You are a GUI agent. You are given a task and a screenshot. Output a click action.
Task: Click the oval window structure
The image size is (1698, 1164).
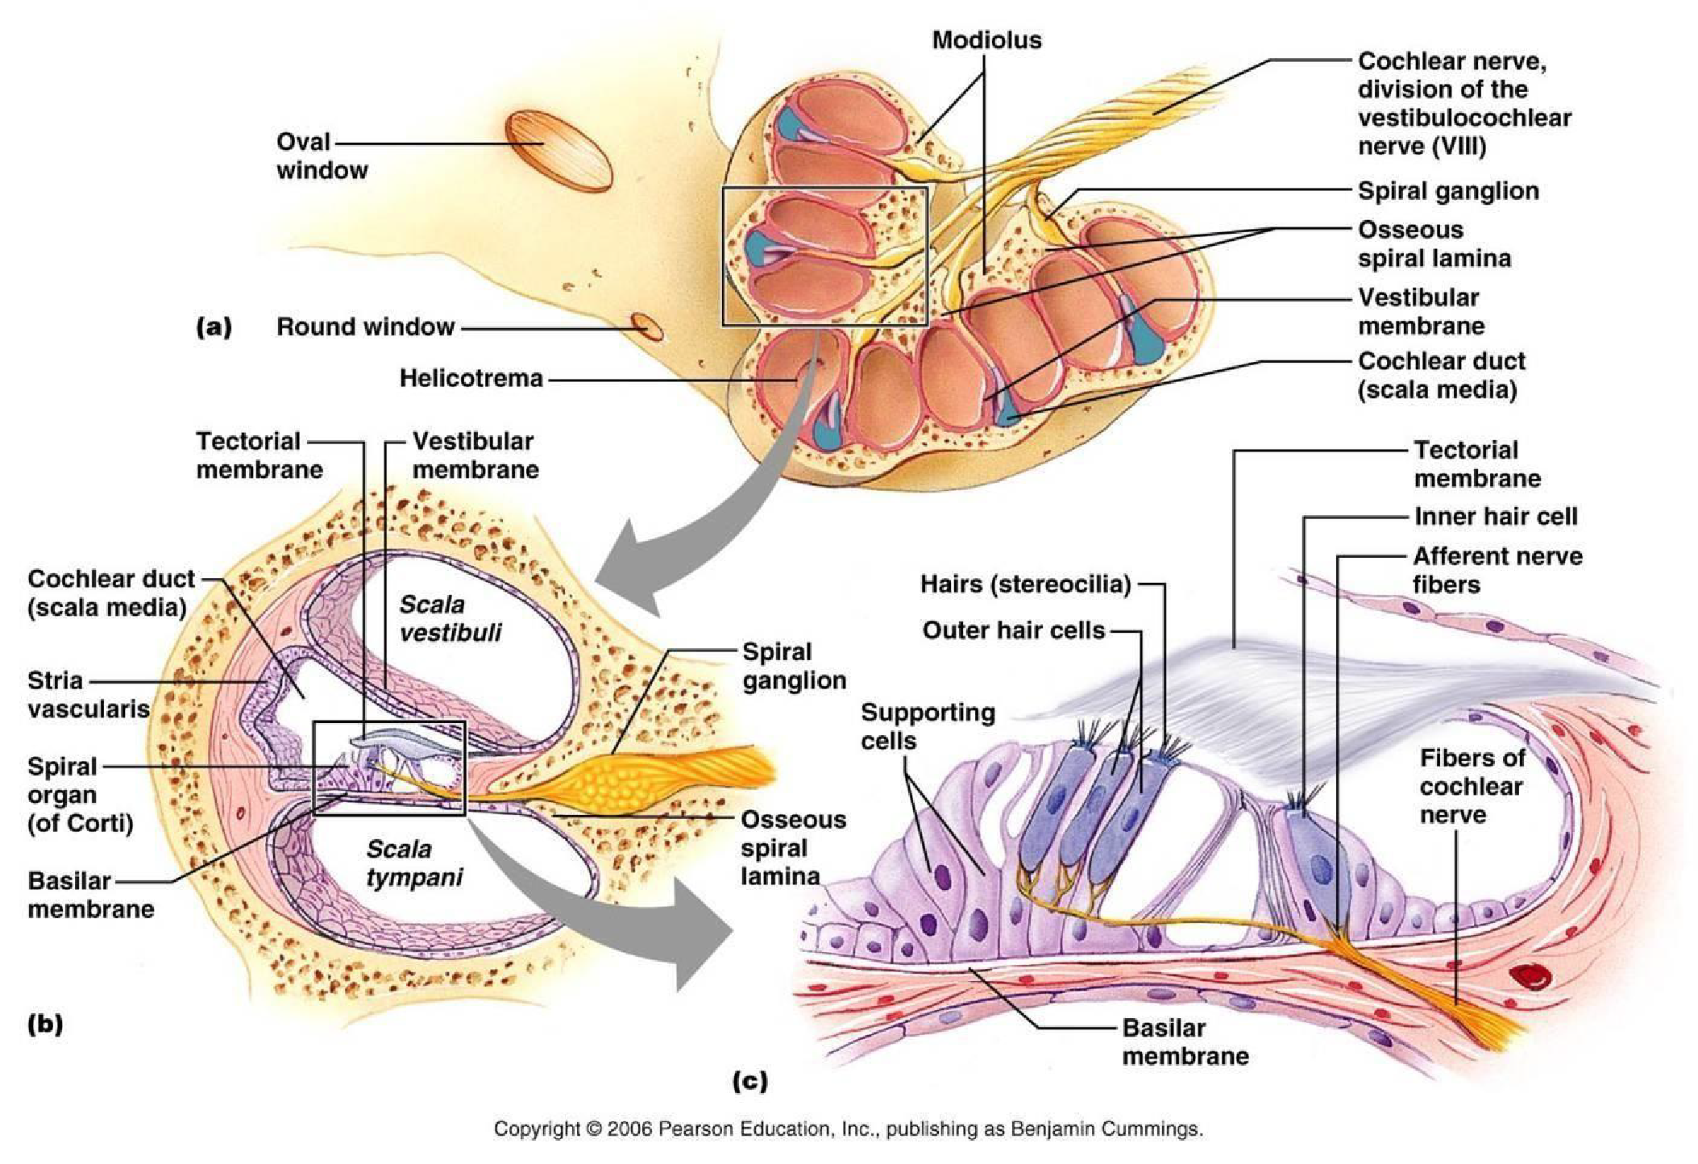tap(558, 150)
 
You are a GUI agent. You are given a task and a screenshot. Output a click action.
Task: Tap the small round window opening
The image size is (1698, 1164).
tap(647, 326)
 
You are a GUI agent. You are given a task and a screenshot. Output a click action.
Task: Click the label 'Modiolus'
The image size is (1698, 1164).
tap(986, 40)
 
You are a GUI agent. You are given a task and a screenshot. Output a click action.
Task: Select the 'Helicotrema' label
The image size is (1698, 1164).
tap(471, 378)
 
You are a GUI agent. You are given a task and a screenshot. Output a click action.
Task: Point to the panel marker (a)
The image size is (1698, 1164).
tap(214, 326)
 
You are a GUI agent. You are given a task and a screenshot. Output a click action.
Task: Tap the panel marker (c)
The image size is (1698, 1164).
tap(749, 1080)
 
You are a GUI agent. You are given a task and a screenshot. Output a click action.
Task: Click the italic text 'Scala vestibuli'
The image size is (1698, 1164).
tap(449, 618)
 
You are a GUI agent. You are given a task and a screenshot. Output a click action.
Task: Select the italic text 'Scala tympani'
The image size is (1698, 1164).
tap(413, 863)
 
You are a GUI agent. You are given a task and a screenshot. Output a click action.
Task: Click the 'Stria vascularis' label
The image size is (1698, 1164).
tap(88, 694)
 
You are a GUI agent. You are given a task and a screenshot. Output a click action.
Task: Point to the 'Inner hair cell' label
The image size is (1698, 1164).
tap(1495, 516)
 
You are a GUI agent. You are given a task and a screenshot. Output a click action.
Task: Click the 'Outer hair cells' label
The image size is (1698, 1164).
tap(1013, 630)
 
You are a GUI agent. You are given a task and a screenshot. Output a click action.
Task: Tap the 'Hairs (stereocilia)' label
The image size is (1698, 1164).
tap(1025, 584)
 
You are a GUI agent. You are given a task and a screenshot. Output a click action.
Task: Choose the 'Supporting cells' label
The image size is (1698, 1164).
tap(927, 726)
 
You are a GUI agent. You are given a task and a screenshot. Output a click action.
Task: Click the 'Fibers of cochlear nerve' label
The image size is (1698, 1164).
tap(1472, 786)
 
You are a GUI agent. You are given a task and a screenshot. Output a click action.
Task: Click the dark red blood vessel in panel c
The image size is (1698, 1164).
tap(1530, 978)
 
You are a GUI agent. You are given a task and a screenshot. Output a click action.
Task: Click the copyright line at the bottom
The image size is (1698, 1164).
tap(848, 1129)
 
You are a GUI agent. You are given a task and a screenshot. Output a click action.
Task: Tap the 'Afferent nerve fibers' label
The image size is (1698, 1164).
tap(1497, 570)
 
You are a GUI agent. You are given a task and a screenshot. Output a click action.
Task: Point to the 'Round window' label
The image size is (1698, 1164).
tap(365, 326)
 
